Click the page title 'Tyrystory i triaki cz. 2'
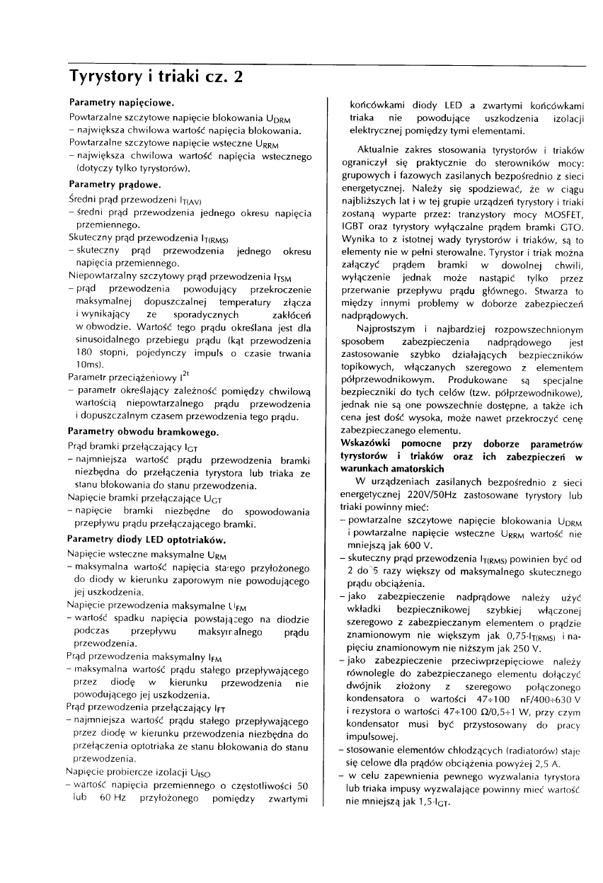click(156, 76)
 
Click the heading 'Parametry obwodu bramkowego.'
click(143, 431)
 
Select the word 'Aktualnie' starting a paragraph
click(377, 150)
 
